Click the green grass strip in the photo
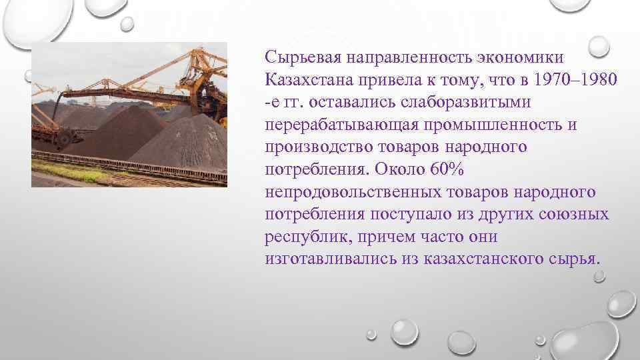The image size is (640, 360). point(73,175)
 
